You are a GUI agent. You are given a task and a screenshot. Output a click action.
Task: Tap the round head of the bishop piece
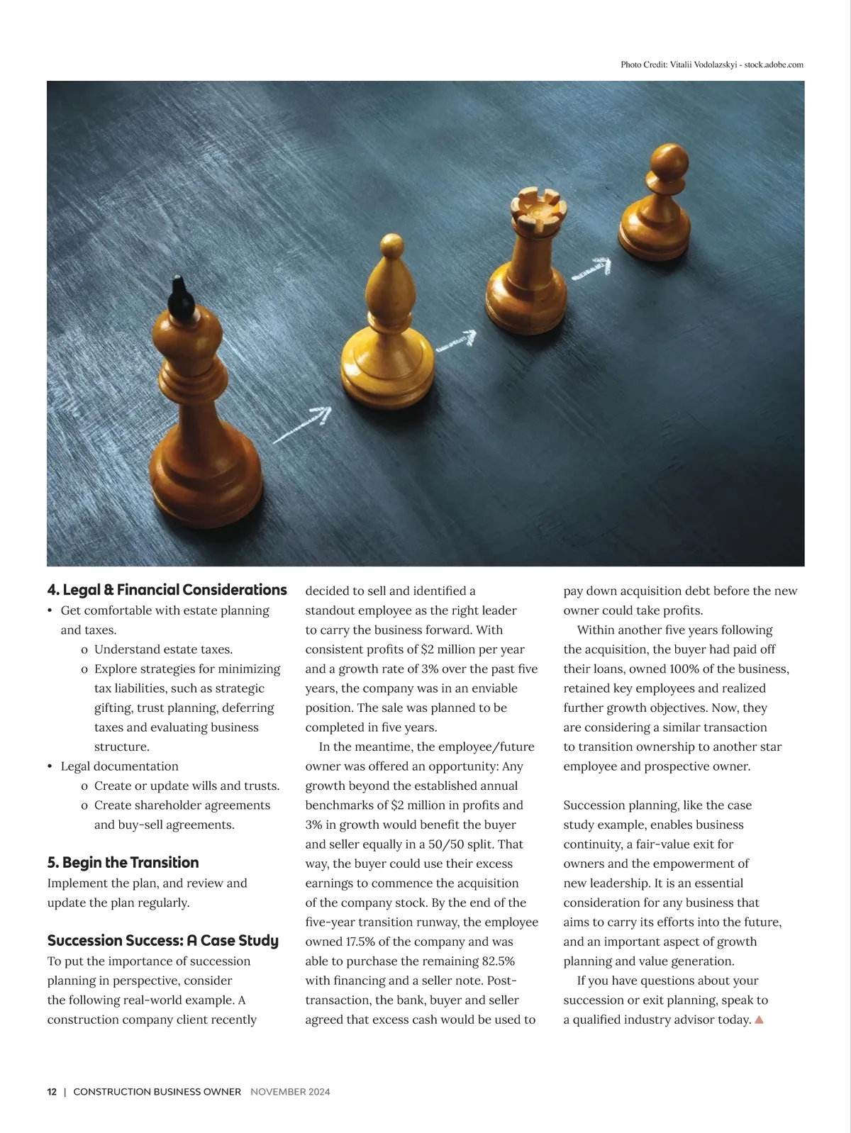click(392, 245)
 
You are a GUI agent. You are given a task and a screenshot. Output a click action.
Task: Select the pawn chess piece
click(656, 205)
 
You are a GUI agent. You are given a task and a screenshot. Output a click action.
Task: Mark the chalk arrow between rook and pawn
click(591, 269)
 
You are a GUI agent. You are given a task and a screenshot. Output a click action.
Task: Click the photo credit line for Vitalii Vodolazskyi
click(711, 65)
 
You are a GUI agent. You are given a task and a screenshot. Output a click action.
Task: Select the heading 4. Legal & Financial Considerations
click(167, 590)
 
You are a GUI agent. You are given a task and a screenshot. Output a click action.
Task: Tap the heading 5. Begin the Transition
click(123, 863)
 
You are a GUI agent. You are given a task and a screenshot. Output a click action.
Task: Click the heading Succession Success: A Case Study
click(162, 941)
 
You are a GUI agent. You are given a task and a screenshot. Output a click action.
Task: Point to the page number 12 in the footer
click(52, 1092)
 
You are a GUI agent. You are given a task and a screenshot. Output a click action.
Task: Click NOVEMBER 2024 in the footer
click(290, 1092)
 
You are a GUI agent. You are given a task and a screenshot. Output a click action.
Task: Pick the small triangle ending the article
click(759, 1020)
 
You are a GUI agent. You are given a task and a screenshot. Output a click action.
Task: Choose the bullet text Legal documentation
click(119, 766)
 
